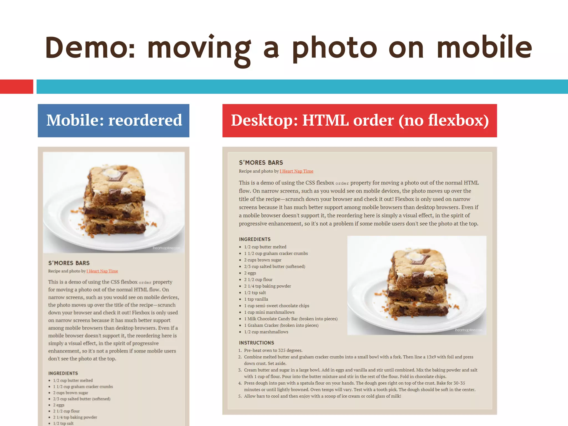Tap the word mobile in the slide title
(x=484, y=48)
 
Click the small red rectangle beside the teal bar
(x=16, y=87)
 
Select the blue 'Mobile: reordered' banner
(x=114, y=121)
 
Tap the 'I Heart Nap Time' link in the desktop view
(x=296, y=171)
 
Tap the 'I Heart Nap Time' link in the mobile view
(x=102, y=271)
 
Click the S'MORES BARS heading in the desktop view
(x=261, y=163)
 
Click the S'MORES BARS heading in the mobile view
(x=69, y=263)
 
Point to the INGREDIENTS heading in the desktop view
(x=255, y=239)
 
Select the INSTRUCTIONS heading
(x=256, y=343)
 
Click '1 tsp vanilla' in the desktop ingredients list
(x=256, y=299)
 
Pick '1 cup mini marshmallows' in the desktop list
(x=269, y=312)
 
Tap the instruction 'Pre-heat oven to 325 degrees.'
(x=273, y=350)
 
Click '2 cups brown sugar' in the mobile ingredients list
(x=70, y=393)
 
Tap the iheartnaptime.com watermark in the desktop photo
(x=469, y=330)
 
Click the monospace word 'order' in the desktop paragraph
(x=342, y=183)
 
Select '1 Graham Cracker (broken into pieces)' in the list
(x=281, y=325)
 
